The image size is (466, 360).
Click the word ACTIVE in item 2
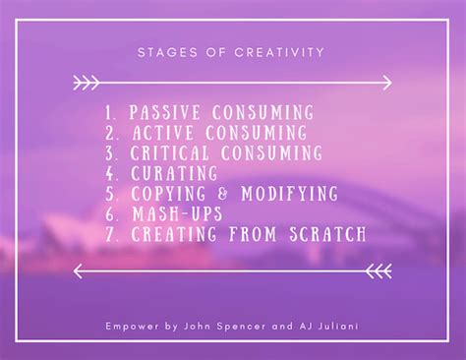[x=160, y=133]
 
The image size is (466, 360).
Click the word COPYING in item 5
[x=165, y=192]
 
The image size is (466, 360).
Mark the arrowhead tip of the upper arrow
[x=392, y=80]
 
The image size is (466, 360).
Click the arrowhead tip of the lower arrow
[x=74, y=267]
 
